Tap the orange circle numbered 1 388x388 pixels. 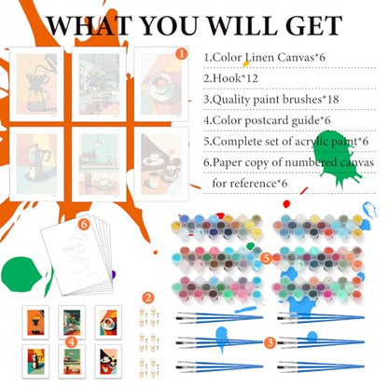(182, 53)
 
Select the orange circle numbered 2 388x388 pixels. (148, 298)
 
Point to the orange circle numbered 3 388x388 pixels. (270, 342)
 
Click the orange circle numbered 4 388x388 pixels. (72, 342)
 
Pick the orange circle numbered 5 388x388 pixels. (267, 258)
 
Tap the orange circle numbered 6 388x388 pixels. (84, 224)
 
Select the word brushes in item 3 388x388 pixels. (302, 99)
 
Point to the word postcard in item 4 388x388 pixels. (267, 120)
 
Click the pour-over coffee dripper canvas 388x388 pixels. (36, 84)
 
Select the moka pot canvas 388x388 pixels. (36, 164)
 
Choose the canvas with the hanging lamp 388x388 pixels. (99, 164)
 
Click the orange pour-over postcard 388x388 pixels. (35, 323)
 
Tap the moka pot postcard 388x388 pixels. (35, 361)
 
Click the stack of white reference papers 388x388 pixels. (76, 254)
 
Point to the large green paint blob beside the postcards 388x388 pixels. (21, 274)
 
